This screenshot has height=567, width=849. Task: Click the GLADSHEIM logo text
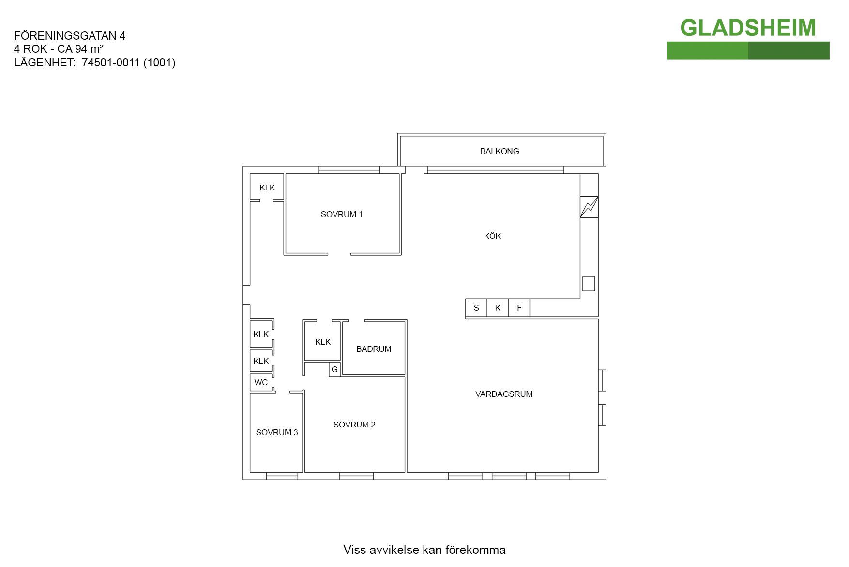(748, 28)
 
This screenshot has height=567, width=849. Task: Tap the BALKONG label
(500, 151)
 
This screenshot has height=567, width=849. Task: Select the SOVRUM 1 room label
(342, 214)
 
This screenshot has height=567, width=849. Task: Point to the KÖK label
(492, 236)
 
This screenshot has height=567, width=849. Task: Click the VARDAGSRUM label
(504, 394)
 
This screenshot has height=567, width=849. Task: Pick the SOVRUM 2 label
(354, 425)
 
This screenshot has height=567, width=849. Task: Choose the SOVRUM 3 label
(277, 432)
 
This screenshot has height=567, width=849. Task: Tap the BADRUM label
(374, 349)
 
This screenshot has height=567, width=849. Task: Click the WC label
(261, 382)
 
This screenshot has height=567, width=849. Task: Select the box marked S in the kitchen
(476, 308)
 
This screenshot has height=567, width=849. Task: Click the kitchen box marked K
(498, 308)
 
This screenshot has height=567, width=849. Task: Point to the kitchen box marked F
(519, 308)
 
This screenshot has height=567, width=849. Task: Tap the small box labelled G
(334, 369)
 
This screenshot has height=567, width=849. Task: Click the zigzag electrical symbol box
(589, 207)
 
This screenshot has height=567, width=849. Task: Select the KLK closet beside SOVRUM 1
(267, 187)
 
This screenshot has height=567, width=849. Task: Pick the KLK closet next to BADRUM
(322, 341)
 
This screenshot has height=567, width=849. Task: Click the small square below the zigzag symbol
(589, 283)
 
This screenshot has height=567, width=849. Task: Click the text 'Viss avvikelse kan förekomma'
(424, 550)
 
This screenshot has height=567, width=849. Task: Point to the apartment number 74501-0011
(110, 63)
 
